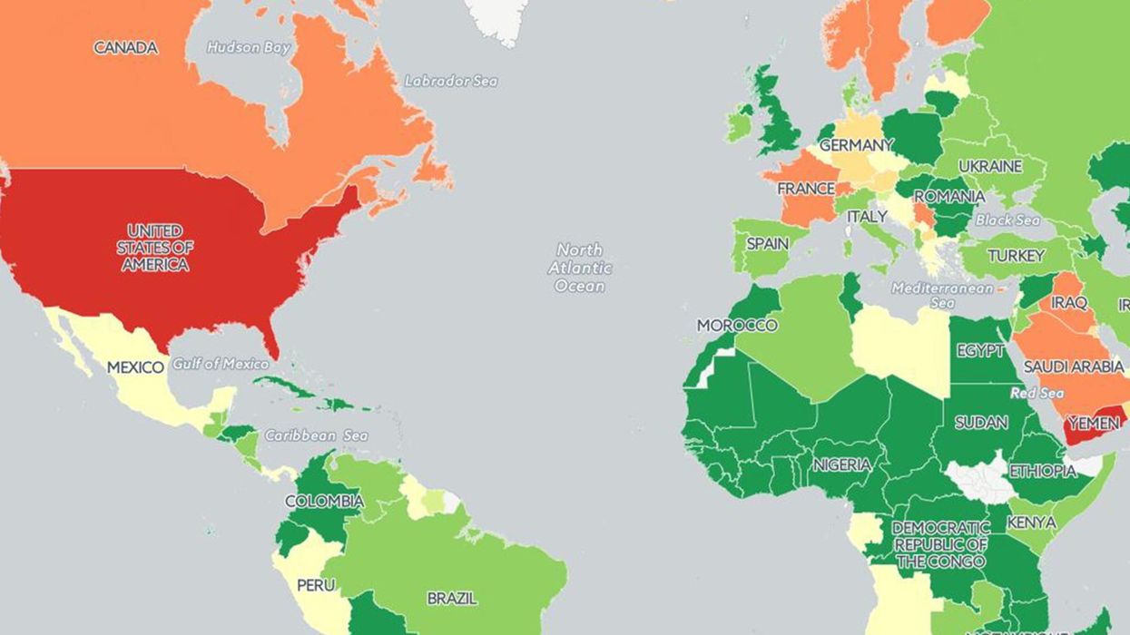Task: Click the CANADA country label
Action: (x=125, y=48)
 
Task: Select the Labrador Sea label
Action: (x=451, y=81)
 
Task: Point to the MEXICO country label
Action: (x=135, y=367)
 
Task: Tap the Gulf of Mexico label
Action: (x=221, y=364)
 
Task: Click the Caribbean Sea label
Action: (x=316, y=435)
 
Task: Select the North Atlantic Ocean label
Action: (x=579, y=268)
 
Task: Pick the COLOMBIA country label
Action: (x=324, y=501)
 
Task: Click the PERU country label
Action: (x=316, y=585)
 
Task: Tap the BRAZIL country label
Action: (x=452, y=599)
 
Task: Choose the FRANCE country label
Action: (x=805, y=189)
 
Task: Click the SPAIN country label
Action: (x=767, y=244)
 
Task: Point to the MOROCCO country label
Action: (x=737, y=325)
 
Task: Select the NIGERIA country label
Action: (x=841, y=464)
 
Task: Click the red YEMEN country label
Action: (x=1095, y=423)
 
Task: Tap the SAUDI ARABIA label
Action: (x=1073, y=367)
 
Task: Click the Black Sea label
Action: (x=1007, y=220)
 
